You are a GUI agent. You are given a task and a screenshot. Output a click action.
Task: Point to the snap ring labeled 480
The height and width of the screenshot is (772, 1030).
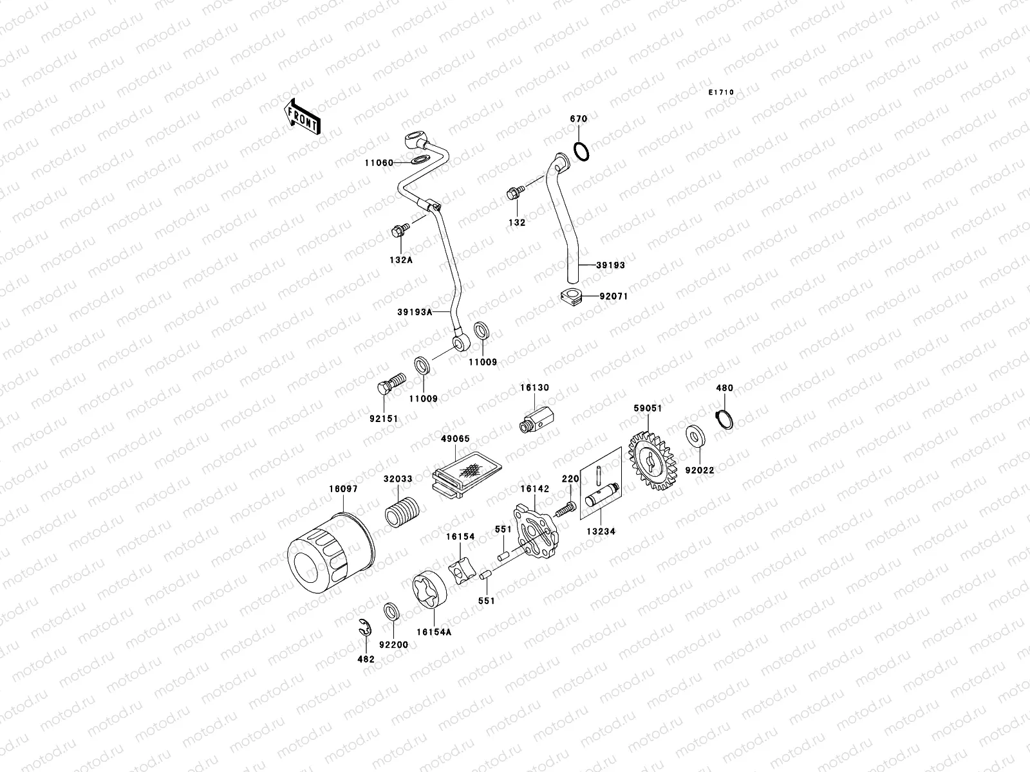pyautogui.click(x=726, y=418)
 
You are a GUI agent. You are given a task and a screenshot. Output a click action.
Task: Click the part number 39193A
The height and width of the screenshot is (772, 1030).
pyautogui.click(x=415, y=311)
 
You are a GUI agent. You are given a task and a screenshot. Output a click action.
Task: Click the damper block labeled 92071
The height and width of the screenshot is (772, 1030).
pyautogui.click(x=571, y=298)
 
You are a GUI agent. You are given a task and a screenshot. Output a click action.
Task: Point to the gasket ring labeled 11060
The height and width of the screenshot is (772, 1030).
pyautogui.click(x=419, y=160)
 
